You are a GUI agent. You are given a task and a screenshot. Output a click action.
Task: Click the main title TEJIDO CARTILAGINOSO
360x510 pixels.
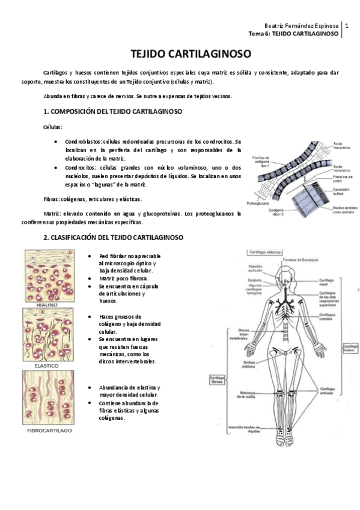(180, 54)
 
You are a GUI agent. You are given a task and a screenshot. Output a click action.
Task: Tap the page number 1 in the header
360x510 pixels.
(347, 26)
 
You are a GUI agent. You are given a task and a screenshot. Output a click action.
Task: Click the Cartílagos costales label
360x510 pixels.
(330, 315)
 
